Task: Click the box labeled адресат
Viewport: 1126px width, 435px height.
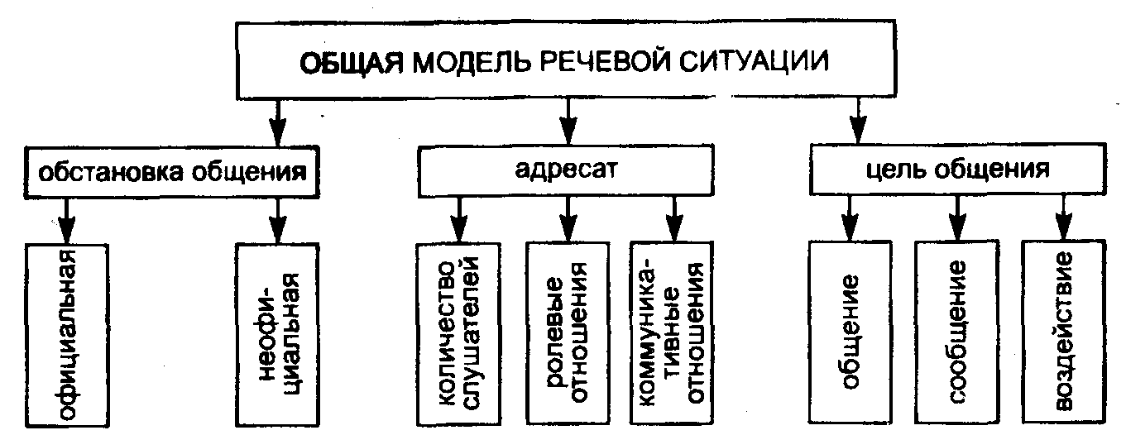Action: [x=566, y=171]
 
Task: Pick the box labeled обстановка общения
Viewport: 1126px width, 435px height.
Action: [x=173, y=173]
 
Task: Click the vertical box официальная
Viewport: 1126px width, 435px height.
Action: [x=67, y=335]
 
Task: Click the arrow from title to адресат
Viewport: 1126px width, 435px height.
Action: [x=567, y=121]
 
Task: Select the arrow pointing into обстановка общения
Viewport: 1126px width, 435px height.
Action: [x=277, y=121]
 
